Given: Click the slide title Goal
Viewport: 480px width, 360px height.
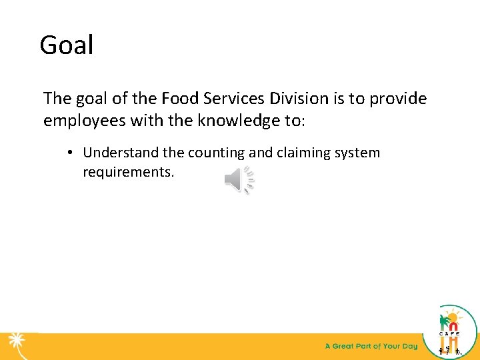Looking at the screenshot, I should (x=67, y=45).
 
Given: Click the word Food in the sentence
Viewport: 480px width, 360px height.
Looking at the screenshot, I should (x=179, y=99).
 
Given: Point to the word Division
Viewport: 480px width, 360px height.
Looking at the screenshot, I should (x=299, y=99).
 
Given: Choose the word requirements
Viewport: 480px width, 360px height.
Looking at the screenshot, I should (x=128, y=173).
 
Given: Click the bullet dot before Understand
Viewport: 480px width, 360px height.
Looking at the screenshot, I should (x=69, y=153).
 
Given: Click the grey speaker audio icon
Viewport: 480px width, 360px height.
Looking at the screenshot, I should (x=239, y=179).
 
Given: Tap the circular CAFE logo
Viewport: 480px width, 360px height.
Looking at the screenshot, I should (x=457, y=329).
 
